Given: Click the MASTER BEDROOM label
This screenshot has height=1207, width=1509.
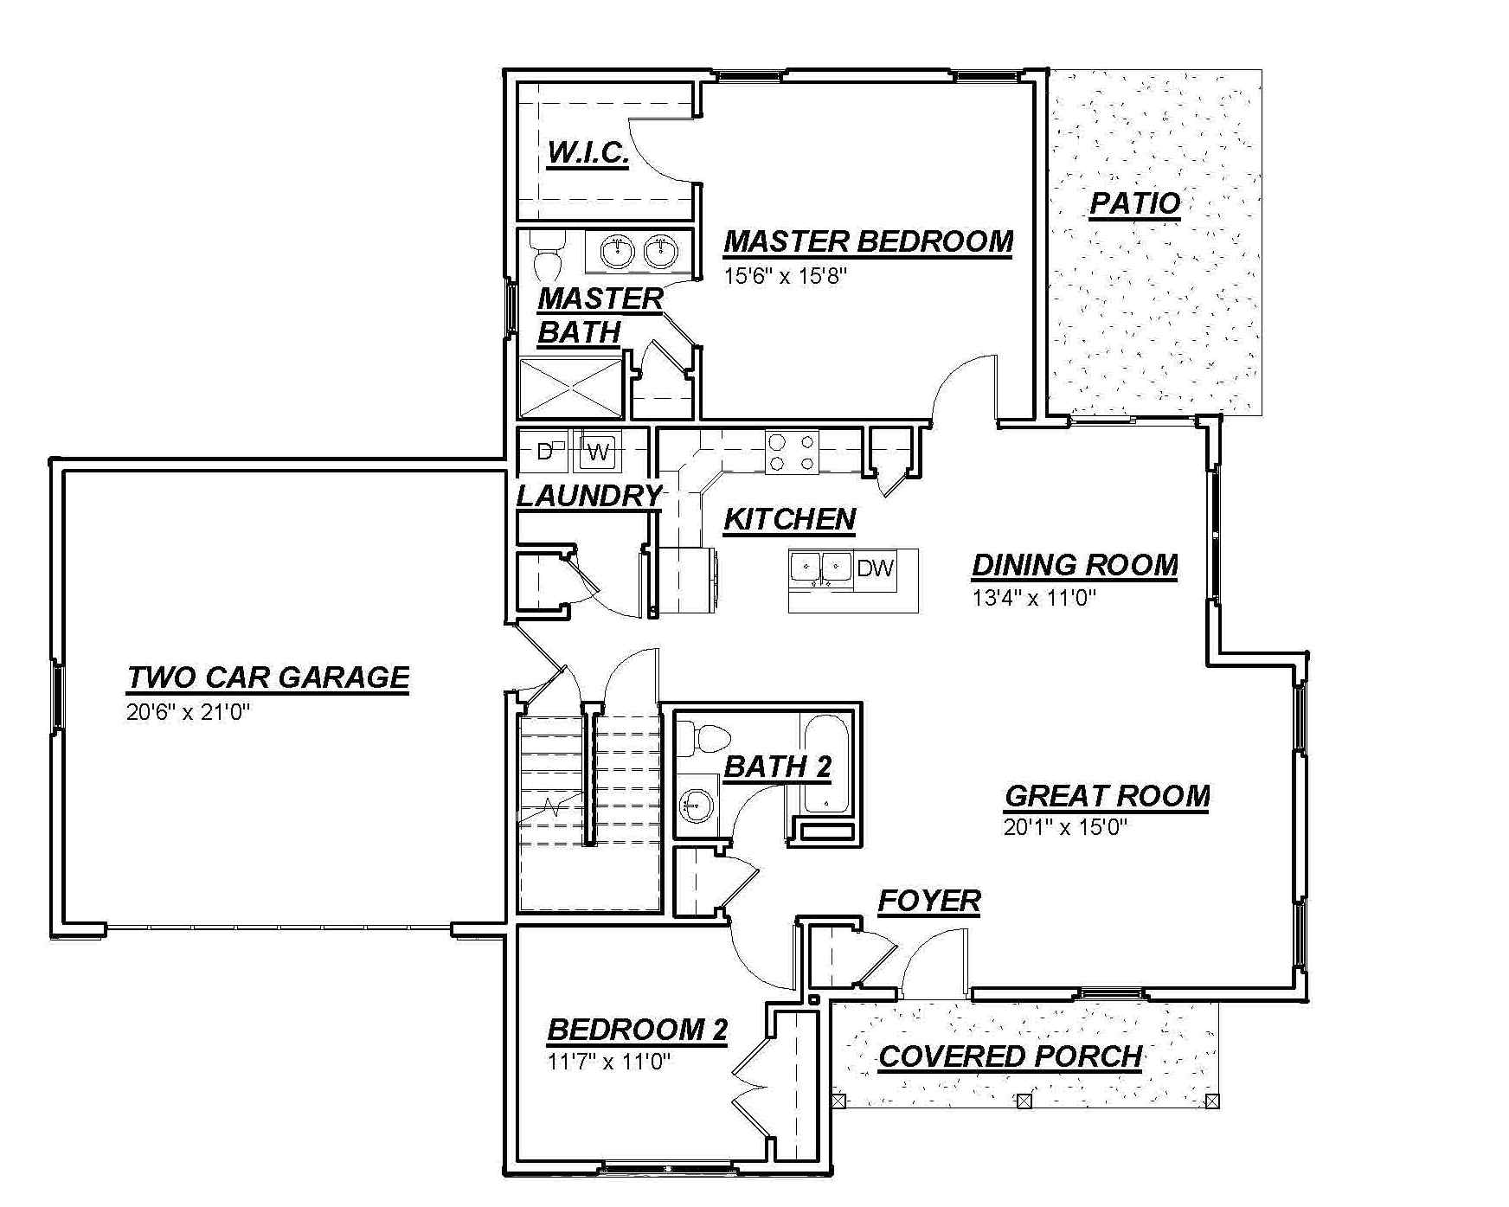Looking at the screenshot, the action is pos(868,241).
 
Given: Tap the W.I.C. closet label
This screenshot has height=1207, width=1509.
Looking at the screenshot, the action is pos(588,154).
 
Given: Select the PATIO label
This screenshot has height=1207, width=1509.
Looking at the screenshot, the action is pos(1134,204).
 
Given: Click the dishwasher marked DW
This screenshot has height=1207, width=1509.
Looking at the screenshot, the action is pos(875,569).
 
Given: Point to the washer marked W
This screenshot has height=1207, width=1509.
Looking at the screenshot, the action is pos(598,451).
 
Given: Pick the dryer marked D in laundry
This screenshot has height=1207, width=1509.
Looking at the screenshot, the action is pos(545,451).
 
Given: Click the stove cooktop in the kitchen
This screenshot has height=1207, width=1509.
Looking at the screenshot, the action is pos(792,453).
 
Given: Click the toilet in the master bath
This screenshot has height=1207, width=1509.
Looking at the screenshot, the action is pos(547,252).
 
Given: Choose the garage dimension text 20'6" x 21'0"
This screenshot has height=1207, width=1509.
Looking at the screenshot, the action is pos(188,714).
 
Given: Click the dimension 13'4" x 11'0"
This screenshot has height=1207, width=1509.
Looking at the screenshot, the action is pos(1034,598).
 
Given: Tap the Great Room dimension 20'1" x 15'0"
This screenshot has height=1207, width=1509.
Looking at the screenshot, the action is pos(1066,827).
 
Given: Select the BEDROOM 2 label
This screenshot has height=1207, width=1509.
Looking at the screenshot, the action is pos(637,1030).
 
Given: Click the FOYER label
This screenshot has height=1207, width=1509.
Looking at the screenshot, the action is pos(929,902).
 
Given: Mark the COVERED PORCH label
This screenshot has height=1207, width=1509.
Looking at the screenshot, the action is pos(1011,1057).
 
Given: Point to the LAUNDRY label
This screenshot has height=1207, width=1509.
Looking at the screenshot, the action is pos(589,496).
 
